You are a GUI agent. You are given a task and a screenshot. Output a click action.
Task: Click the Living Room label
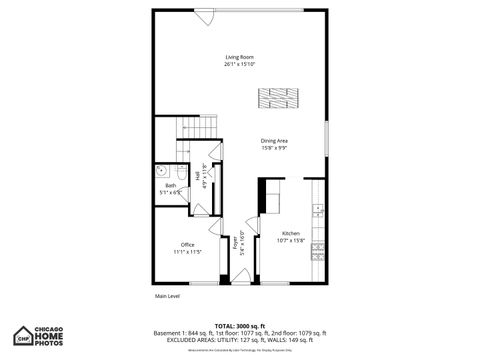click(239, 56)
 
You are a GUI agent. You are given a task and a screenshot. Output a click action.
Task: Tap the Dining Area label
click(274, 141)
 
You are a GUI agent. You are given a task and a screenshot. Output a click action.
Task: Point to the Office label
click(187, 245)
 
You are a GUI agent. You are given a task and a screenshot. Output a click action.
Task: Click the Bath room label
click(170, 186)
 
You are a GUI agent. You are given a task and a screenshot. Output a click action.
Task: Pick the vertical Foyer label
click(236, 241)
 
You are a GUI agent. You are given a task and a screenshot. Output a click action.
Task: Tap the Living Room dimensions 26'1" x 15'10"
click(239, 62)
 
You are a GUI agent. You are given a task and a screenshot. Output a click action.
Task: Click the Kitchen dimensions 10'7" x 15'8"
click(290, 240)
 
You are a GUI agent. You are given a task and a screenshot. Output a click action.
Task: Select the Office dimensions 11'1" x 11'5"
click(187, 251)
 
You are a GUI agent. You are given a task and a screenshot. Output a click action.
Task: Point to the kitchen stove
click(318, 250)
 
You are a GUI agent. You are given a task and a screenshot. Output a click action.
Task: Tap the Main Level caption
click(167, 296)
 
